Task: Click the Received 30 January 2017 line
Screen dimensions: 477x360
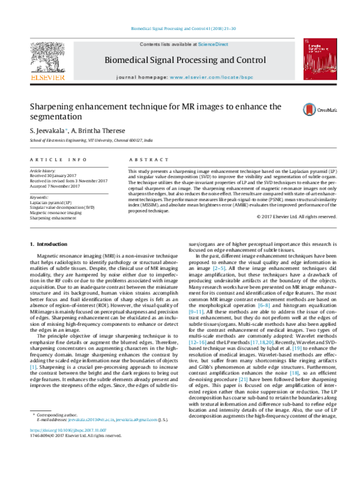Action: [x=55, y=176]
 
